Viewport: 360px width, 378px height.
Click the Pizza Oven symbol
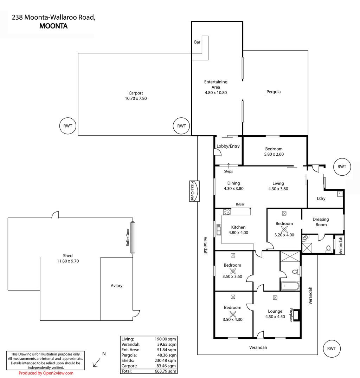coord(194,191)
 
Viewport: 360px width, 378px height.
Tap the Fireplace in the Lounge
coord(297,315)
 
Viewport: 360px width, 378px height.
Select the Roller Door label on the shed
coord(128,237)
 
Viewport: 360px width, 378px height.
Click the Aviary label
coord(116,285)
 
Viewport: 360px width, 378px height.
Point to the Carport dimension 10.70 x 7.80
coord(136,98)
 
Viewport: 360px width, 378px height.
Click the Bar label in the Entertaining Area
coord(197,42)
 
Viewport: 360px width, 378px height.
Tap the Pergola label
coord(274,92)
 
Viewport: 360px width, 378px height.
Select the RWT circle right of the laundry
coord(342,167)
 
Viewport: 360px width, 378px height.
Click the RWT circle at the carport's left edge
coord(68,126)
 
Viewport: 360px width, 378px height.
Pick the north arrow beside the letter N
coord(97,362)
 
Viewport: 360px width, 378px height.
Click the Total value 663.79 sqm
coord(165,371)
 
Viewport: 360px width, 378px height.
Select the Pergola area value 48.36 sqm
coord(166,355)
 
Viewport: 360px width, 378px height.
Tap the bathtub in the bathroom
coord(290,286)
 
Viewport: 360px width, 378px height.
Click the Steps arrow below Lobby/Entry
coord(228,165)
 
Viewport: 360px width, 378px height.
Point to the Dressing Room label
coord(321,222)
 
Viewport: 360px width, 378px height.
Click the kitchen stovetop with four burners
coord(227,212)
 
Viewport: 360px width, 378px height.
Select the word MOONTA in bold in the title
coord(53,26)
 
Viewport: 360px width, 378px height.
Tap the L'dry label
coord(321,198)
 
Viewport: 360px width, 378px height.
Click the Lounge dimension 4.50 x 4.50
coord(275,317)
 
